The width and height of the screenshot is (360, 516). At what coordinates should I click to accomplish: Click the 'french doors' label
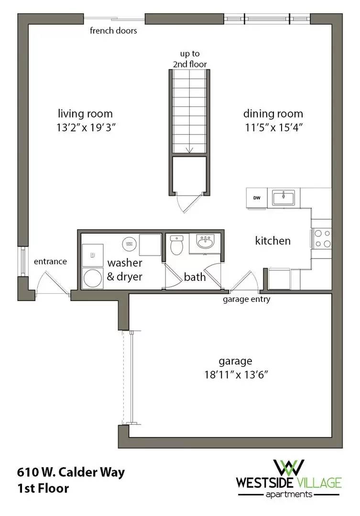point(113,31)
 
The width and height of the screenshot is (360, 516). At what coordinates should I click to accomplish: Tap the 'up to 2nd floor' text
point(190,59)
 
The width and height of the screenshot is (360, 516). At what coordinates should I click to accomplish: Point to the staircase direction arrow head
point(189,150)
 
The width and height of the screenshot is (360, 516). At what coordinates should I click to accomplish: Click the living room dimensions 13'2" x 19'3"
point(85,128)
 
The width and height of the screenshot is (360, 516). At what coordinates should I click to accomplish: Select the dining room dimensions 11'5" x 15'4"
point(273,128)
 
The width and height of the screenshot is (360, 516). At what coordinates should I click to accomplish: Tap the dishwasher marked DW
point(257,198)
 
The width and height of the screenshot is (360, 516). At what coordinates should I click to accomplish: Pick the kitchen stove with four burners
point(321,238)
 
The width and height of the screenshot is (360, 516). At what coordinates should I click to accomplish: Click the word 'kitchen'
point(273,240)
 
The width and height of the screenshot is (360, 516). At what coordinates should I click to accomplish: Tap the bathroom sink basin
point(205,242)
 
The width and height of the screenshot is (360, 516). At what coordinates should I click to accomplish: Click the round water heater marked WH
point(128,244)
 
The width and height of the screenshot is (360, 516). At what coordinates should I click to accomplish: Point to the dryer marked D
point(92,255)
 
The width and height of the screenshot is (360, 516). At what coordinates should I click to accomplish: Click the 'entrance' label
point(50,262)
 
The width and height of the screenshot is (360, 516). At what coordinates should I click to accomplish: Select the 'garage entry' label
point(246,300)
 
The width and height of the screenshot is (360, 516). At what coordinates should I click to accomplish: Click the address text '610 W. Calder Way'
point(71,473)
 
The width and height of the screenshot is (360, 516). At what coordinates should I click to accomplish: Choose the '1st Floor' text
point(43,488)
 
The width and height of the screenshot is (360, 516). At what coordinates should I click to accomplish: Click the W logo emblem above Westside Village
point(289,467)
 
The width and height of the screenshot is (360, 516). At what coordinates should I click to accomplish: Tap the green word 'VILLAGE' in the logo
point(319,483)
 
